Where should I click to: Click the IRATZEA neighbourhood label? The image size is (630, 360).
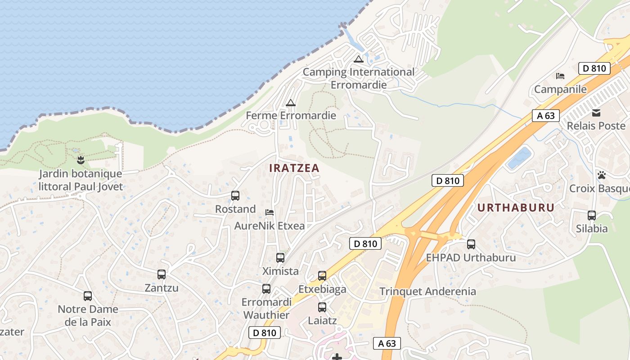[294, 168]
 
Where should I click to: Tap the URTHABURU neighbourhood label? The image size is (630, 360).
[516, 207]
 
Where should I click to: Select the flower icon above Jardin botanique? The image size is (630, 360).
[81, 159]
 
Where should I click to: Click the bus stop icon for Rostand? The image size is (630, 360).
[235, 196]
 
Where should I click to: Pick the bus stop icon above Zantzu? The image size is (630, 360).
[162, 274]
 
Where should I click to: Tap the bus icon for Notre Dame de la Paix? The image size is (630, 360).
[88, 296]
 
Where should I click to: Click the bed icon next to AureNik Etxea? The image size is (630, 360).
[270, 212]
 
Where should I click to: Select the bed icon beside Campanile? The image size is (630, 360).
[560, 76]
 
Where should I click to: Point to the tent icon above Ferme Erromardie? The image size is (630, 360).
[291, 103]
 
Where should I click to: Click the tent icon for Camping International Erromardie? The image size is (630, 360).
[358, 58]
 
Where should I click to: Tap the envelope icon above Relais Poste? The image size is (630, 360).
[596, 112]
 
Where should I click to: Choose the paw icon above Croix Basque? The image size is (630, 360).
[602, 175]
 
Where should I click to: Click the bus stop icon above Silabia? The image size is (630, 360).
[592, 216]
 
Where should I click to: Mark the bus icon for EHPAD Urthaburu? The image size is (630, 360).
[471, 244]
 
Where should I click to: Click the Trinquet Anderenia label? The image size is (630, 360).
[427, 291]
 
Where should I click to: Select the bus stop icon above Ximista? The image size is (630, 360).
[280, 258]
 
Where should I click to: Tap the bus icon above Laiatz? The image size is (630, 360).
[322, 307]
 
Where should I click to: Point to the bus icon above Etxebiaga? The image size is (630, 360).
[322, 276]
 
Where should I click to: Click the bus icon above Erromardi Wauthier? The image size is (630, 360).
[266, 289]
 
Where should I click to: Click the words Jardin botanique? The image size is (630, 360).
[80, 174]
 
